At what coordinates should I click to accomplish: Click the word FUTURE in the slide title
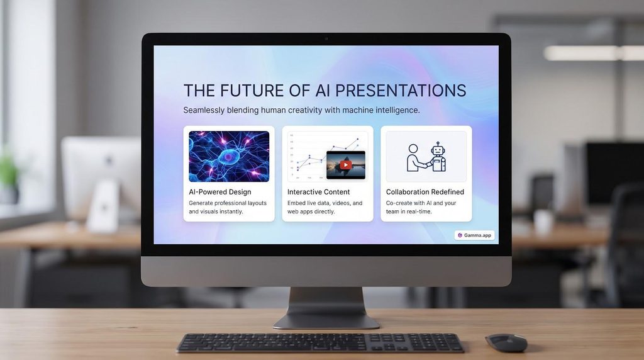[x=252, y=91]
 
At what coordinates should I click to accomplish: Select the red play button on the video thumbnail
[x=345, y=165]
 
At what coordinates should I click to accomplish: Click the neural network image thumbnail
[x=229, y=156]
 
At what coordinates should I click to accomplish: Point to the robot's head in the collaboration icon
[x=438, y=149]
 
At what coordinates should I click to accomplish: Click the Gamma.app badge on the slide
[x=474, y=235]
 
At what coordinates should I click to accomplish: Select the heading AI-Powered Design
[x=219, y=192]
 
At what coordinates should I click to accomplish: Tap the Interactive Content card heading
[x=318, y=192]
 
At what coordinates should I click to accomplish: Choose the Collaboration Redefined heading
[x=425, y=192]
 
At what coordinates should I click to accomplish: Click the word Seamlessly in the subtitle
[x=203, y=110]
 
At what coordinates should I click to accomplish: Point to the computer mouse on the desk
[x=506, y=342]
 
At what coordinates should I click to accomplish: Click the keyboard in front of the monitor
[x=321, y=343]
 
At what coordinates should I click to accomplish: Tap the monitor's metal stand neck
[x=326, y=302]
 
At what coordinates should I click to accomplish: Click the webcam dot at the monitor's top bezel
[x=326, y=38]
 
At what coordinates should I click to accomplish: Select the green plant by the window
[x=8, y=172]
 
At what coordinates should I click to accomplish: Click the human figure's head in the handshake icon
[x=413, y=149]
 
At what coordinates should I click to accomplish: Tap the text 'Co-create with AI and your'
[x=421, y=203]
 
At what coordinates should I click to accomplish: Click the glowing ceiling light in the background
[x=594, y=53]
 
